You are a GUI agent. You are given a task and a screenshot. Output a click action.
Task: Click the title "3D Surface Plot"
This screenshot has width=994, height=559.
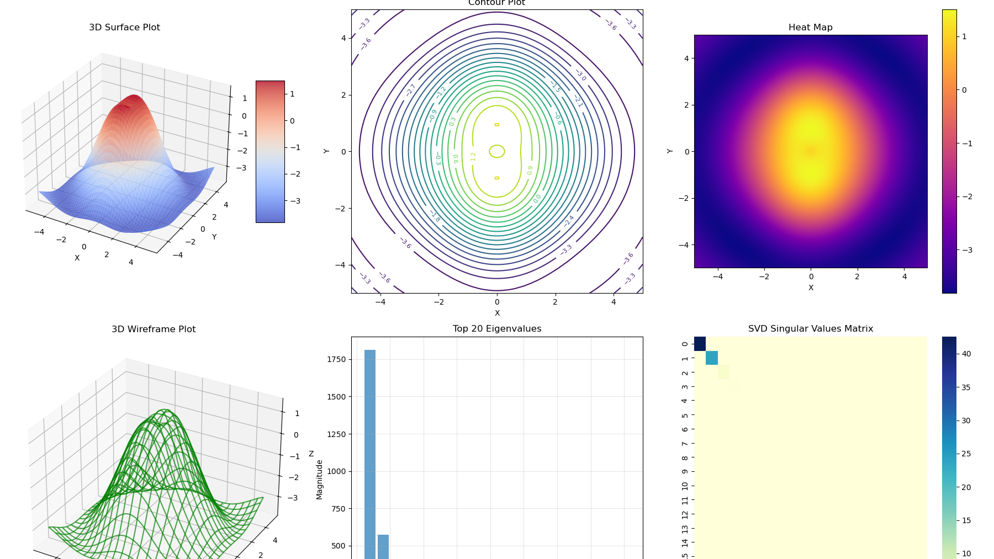tap(124, 28)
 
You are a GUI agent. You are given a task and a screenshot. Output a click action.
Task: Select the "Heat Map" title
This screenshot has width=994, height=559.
tap(810, 28)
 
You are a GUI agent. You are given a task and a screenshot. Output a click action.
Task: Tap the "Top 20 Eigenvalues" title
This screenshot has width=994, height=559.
tap(496, 329)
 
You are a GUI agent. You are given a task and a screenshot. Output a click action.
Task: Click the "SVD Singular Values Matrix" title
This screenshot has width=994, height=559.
tap(810, 329)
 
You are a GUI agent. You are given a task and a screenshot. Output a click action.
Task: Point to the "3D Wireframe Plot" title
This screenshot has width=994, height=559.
tap(154, 329)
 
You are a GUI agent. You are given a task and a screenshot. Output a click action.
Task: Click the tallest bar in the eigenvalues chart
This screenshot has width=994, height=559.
tap(370, 452)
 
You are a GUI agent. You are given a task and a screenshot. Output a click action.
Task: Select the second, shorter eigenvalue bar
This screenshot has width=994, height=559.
tap(383, 546)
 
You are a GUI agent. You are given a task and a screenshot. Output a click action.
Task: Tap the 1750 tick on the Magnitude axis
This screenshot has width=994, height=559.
tap(336, 359)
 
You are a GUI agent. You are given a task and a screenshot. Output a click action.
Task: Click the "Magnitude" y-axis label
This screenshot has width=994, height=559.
tap(319, 480)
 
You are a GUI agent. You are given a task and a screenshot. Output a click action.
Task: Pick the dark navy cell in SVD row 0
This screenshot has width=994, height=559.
tap(700, 344)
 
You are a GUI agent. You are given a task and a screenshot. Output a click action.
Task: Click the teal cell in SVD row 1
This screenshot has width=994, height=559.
tap(712, 358)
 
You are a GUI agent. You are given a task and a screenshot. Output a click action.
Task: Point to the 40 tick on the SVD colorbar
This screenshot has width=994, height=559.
tap(966, 354)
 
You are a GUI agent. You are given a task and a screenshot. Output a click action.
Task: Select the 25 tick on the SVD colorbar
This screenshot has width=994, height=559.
tap(966, 454)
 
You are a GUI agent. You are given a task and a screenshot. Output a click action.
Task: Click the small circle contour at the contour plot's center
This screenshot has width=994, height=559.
tap(497, 151)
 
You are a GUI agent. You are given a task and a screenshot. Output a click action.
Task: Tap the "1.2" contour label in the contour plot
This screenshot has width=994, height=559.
tap(473, 157)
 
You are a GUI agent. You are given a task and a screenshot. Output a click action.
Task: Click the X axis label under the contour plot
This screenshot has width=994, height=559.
tap(497, 313)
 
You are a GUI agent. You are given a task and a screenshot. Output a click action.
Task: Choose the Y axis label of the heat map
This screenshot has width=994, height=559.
tap(670, 151)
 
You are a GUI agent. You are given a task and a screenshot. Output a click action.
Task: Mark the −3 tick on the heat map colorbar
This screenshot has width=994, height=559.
tap(967, 250)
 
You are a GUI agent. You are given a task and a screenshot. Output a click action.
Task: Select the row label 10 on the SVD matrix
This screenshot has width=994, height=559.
tap(685, 486)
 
